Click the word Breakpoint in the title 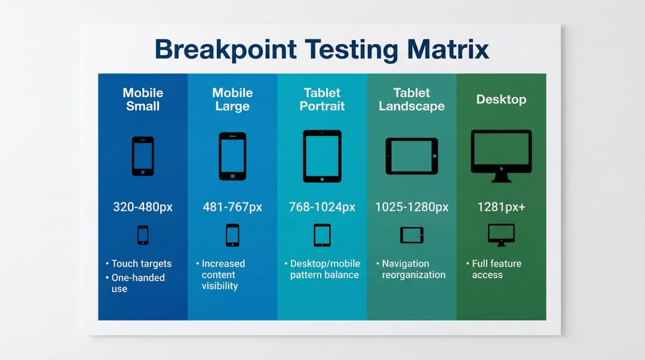point(225,50)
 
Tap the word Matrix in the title point(448,50)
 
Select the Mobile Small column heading point(143,99)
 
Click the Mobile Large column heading point(232,99)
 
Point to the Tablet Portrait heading point(322,99)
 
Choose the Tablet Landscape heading point(411,99)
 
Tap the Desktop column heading point(501,99)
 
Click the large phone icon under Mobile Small point(143,156)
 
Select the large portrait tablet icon point(322,156)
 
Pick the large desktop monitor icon point(501,156)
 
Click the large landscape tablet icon point(411,156)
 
